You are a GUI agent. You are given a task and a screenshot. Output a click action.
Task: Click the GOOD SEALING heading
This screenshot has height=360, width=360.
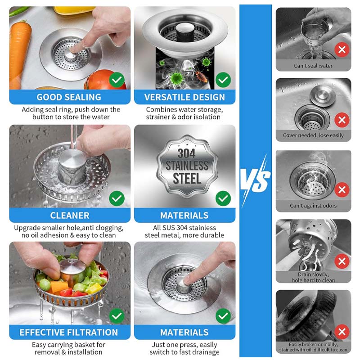(69, 97)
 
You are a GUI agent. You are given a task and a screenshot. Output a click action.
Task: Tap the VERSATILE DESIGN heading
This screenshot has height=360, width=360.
(184, 97)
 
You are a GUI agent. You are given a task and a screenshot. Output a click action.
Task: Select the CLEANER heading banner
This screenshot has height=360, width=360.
(70, 216)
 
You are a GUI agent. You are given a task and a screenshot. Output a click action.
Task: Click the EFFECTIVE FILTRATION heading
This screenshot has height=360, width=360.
(69, 332)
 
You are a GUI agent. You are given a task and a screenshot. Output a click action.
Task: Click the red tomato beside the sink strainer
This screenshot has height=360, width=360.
(103, 81)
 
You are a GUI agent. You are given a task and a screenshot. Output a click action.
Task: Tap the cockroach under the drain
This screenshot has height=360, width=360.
(201, 76)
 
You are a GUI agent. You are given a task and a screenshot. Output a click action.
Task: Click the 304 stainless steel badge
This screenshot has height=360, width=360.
(187, 166)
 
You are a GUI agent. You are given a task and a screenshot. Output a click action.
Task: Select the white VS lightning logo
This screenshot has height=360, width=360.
(255, 180)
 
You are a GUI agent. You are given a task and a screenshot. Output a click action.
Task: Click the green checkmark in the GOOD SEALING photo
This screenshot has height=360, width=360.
(117, 80)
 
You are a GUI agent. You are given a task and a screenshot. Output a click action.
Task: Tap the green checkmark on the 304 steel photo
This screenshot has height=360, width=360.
(223, 198)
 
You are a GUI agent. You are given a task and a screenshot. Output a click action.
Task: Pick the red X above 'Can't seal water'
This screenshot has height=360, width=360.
(342, 49)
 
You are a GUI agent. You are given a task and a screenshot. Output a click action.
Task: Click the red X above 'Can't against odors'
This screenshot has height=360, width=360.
(342, 189)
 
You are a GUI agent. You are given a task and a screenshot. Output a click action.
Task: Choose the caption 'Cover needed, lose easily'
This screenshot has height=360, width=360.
(313, 135)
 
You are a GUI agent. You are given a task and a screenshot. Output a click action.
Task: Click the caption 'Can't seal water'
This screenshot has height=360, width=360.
(313, 66)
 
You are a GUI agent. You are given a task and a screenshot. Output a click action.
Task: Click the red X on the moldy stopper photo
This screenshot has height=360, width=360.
(342, 332)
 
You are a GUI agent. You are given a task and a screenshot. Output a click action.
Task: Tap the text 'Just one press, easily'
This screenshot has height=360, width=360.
(184, 345)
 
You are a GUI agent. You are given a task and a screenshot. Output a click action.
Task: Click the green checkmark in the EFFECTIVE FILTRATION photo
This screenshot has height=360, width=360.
(117, 316)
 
